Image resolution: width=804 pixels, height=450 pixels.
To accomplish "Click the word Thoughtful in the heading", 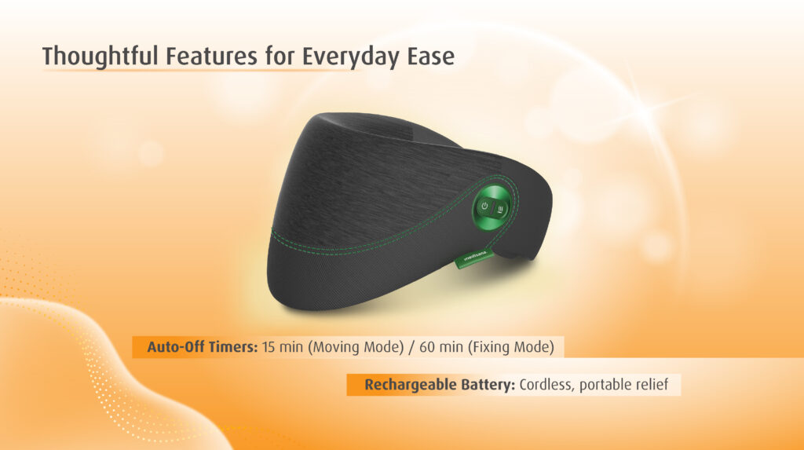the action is point(100,56).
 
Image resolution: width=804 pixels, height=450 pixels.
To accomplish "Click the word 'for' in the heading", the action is point(281,56).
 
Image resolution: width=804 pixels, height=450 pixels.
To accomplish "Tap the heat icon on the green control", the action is point(500,208).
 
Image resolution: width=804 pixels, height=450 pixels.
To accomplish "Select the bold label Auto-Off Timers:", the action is point(203,347).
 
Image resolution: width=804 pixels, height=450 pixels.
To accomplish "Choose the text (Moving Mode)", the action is point(356,347).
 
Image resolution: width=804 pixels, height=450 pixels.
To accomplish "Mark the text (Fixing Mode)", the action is point(510,347).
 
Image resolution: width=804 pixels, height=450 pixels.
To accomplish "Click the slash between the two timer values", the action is point(411,347).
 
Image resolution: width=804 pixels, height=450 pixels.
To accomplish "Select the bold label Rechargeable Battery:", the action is point(440,385).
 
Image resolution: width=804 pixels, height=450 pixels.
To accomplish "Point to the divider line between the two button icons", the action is point(493,209).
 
